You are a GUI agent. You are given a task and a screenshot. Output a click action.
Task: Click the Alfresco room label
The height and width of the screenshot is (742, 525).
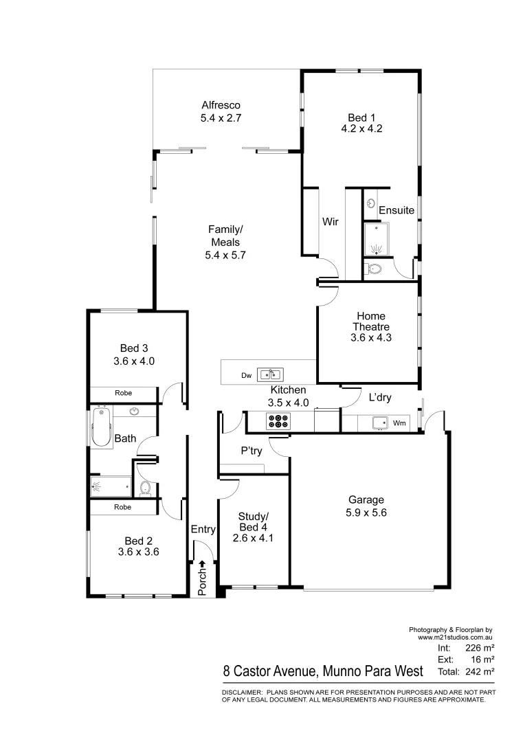(x=220, y=105)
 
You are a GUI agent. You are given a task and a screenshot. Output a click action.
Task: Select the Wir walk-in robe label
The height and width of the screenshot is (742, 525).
(x=329, y=222)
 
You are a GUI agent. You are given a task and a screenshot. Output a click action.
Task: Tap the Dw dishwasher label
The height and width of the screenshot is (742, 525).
(x=246, y=375)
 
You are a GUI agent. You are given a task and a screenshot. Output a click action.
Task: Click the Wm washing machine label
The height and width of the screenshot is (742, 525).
(x=399, y=423)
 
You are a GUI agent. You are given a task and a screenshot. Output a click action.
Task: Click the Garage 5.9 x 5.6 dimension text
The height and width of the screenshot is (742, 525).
(x=366, y=512)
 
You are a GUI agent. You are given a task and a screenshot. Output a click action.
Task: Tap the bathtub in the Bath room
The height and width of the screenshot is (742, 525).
(x=101, y=427)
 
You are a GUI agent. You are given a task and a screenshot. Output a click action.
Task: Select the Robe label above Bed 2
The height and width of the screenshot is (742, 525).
(x=123, y=507)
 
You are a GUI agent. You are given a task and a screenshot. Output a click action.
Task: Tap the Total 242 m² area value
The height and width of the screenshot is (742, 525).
(x=481, y=671)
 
